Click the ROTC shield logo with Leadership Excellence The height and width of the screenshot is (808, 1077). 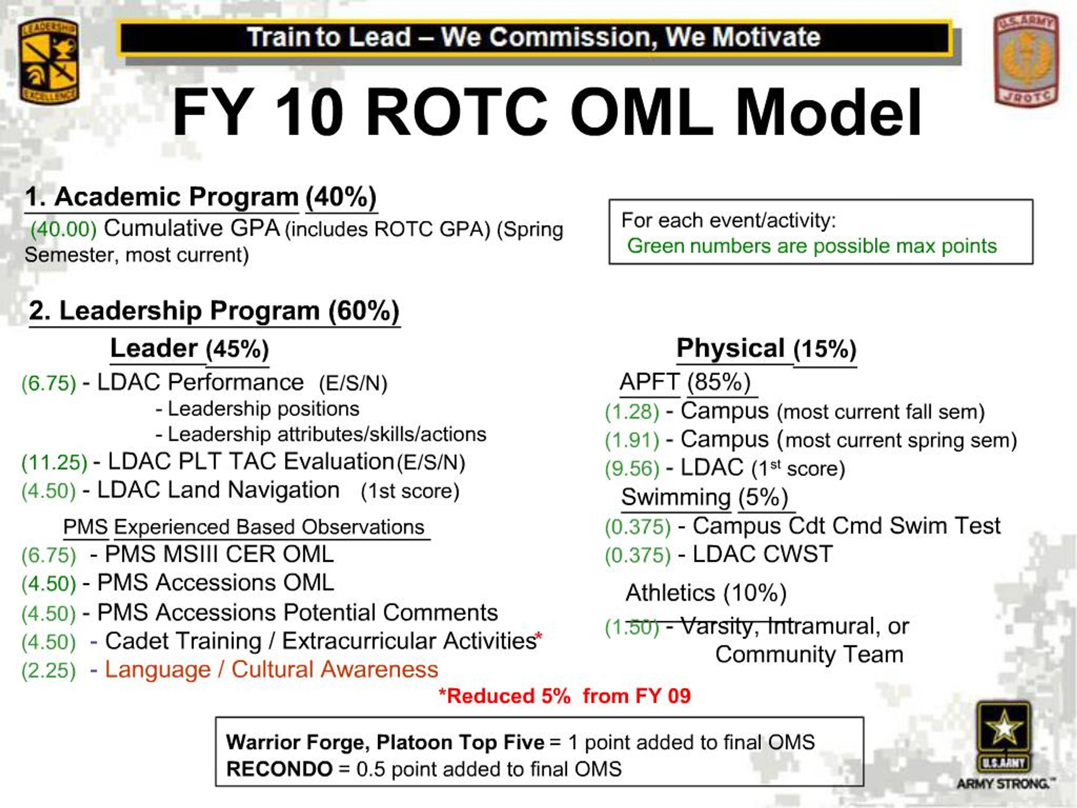coord(49,61)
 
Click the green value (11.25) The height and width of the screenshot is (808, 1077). coord(54,462)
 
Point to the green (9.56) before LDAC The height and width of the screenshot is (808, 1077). coord(632,468)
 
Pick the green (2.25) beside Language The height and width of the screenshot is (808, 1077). coord(49,671)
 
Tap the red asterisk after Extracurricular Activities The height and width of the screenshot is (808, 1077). coord(538,636)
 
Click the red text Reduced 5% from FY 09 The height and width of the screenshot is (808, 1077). coord(564,696)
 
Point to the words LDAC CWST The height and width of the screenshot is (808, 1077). coord(762,554)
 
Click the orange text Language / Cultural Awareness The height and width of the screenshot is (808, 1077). coord(271,670)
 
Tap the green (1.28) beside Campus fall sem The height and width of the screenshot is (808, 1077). coord(632,412)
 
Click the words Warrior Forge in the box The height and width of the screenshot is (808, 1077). coord(297,743)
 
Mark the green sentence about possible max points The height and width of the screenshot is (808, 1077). coord(812,246)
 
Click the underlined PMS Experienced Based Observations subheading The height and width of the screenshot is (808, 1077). coord(244,527)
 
